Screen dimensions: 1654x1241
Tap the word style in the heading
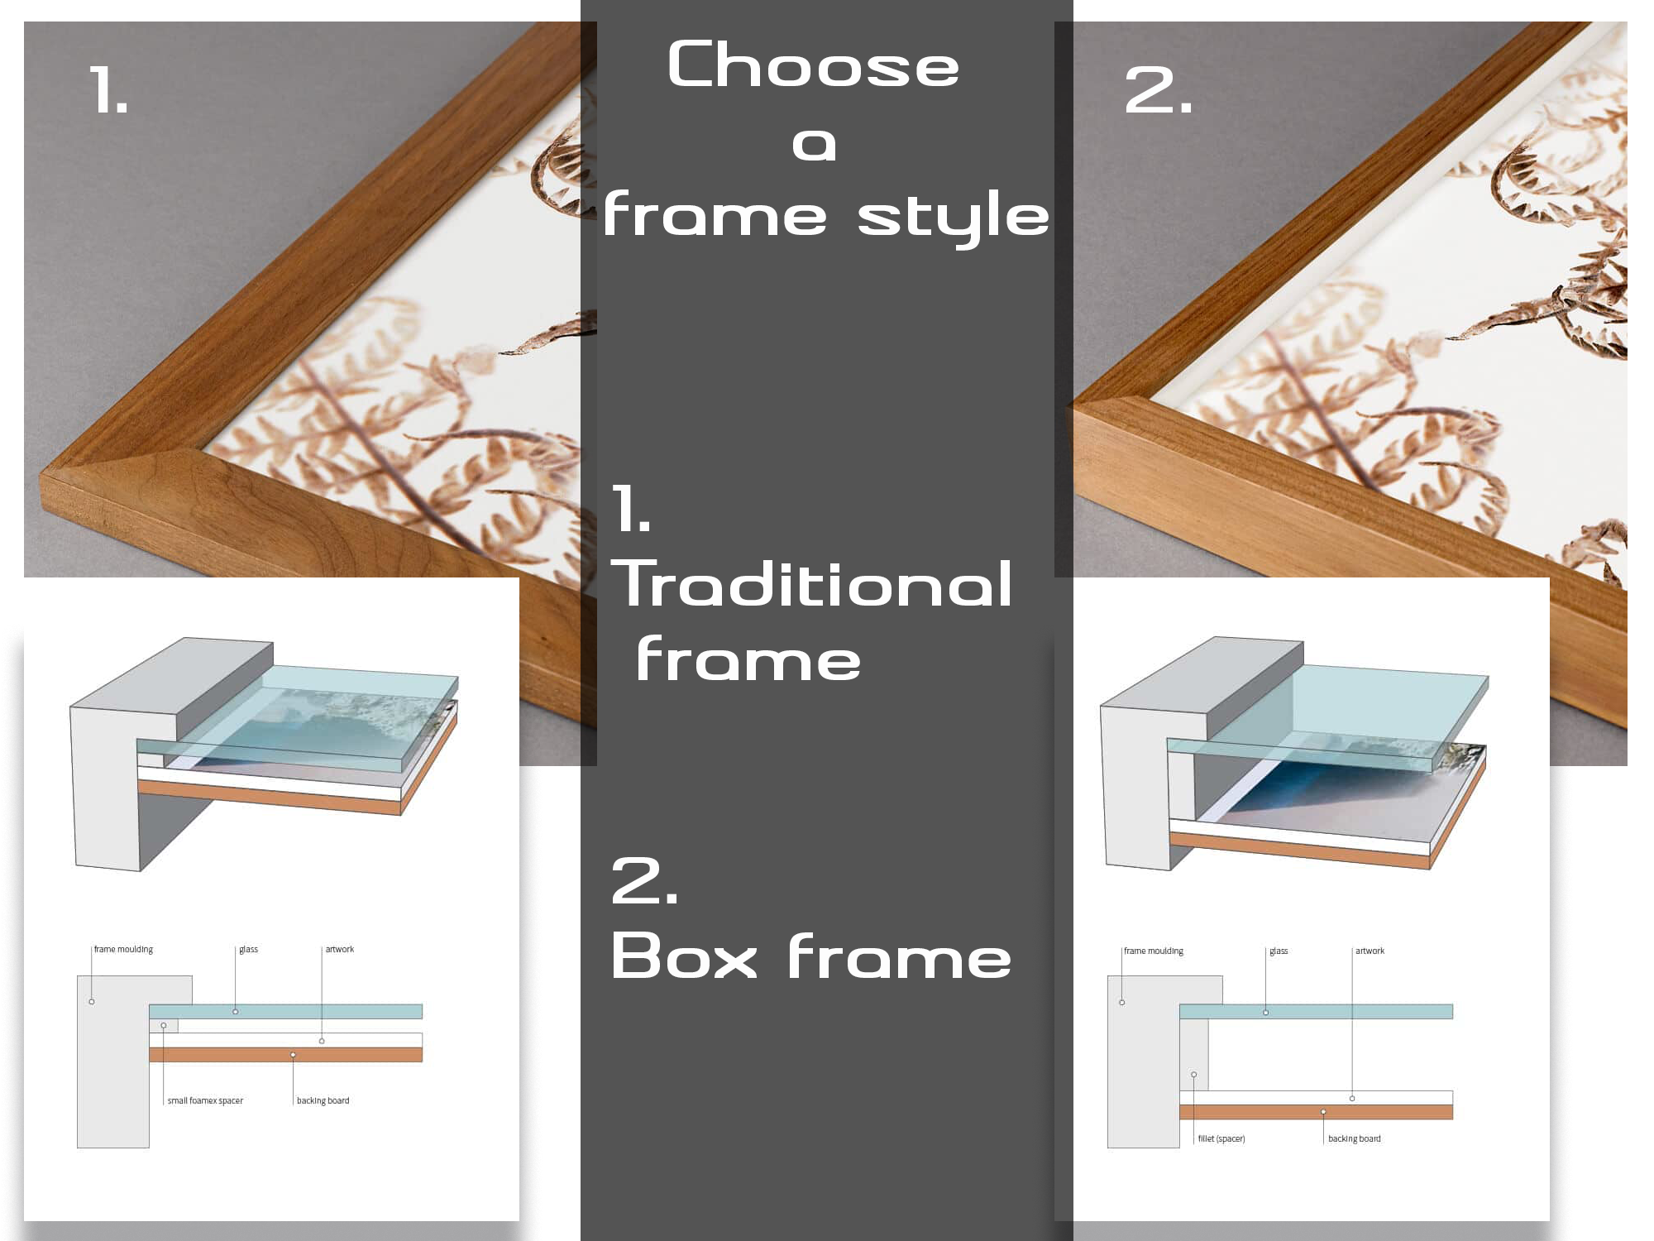[953, 216]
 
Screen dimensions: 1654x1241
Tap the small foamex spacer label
[205, 1100]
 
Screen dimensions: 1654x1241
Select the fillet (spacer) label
[1221, 1138]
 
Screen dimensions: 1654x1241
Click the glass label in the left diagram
[248, 949]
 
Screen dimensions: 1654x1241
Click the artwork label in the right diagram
[1370, 951]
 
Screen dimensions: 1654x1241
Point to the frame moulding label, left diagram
[123, 949]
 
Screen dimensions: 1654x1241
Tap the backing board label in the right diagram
[1355, 1138]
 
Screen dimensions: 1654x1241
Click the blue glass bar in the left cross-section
[285, 1011]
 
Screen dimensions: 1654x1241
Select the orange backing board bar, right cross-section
[1316, 1112]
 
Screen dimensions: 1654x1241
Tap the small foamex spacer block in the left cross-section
[164, 1026]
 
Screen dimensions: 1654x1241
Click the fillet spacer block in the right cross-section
[1193, 1055]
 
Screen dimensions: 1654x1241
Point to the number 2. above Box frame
[645, 880]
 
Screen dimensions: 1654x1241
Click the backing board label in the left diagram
[323, 1100]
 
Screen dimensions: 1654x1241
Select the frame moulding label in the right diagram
[1154, 951]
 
